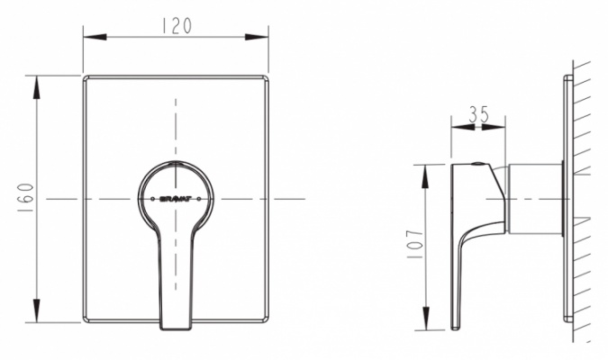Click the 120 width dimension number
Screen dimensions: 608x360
[x=176, y=25]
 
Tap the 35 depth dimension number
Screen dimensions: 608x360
[x=479, y=114]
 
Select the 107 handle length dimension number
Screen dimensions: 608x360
[x=415, y=245]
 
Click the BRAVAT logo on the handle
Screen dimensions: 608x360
[x=176, y=199]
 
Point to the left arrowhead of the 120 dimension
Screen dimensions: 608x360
[x=95, y=37]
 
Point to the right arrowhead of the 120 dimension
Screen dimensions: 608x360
[x=257, y=37]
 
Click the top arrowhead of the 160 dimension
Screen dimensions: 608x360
[x=36, y=87]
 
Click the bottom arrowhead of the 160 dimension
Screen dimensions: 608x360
[x=36, y=310]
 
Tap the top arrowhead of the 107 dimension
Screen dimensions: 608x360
[x=426, y=176]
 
